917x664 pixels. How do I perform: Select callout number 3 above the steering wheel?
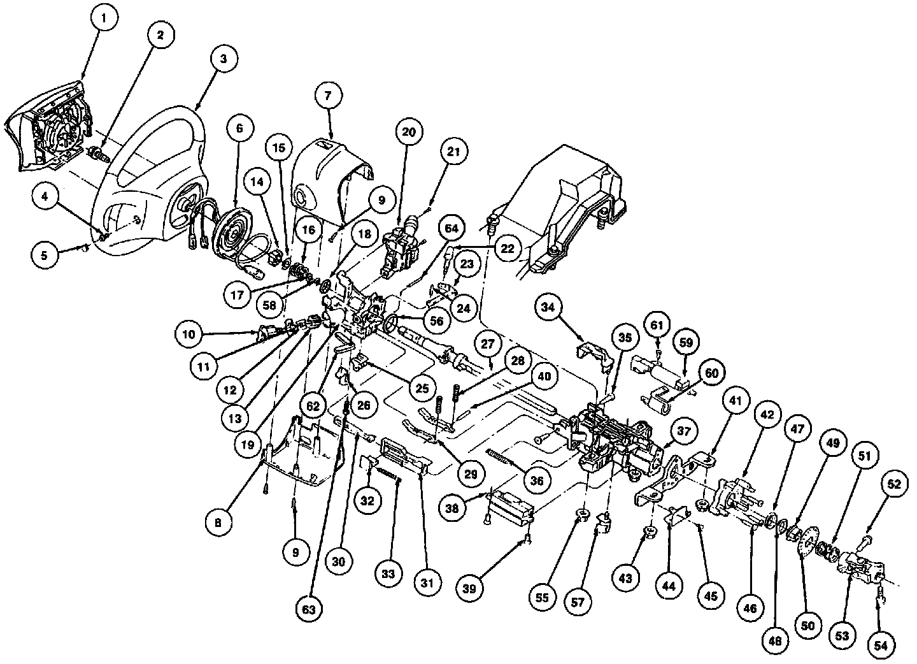(x=223, y=59)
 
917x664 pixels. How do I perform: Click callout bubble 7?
(x=327, y=97)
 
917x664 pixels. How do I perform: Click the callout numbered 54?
(x=881, y=645)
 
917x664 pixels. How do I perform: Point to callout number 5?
(x=44, y=256)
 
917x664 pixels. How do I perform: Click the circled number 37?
(x=683, y=431)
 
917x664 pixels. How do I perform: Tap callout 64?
(x=451, y=228)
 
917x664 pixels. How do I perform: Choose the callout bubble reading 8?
(x=219, y=522)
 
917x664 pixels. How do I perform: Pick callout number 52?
(x=894, y=485)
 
